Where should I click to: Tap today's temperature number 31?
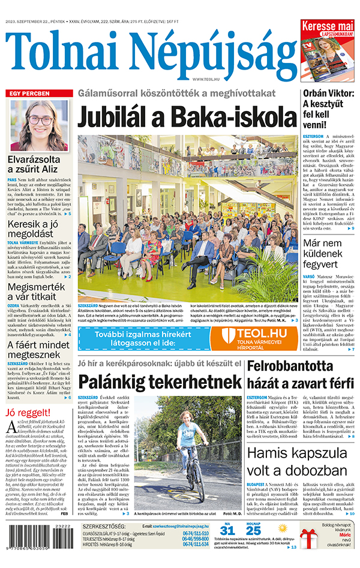tap(226, 530)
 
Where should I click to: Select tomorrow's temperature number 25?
tap(254, 530)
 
